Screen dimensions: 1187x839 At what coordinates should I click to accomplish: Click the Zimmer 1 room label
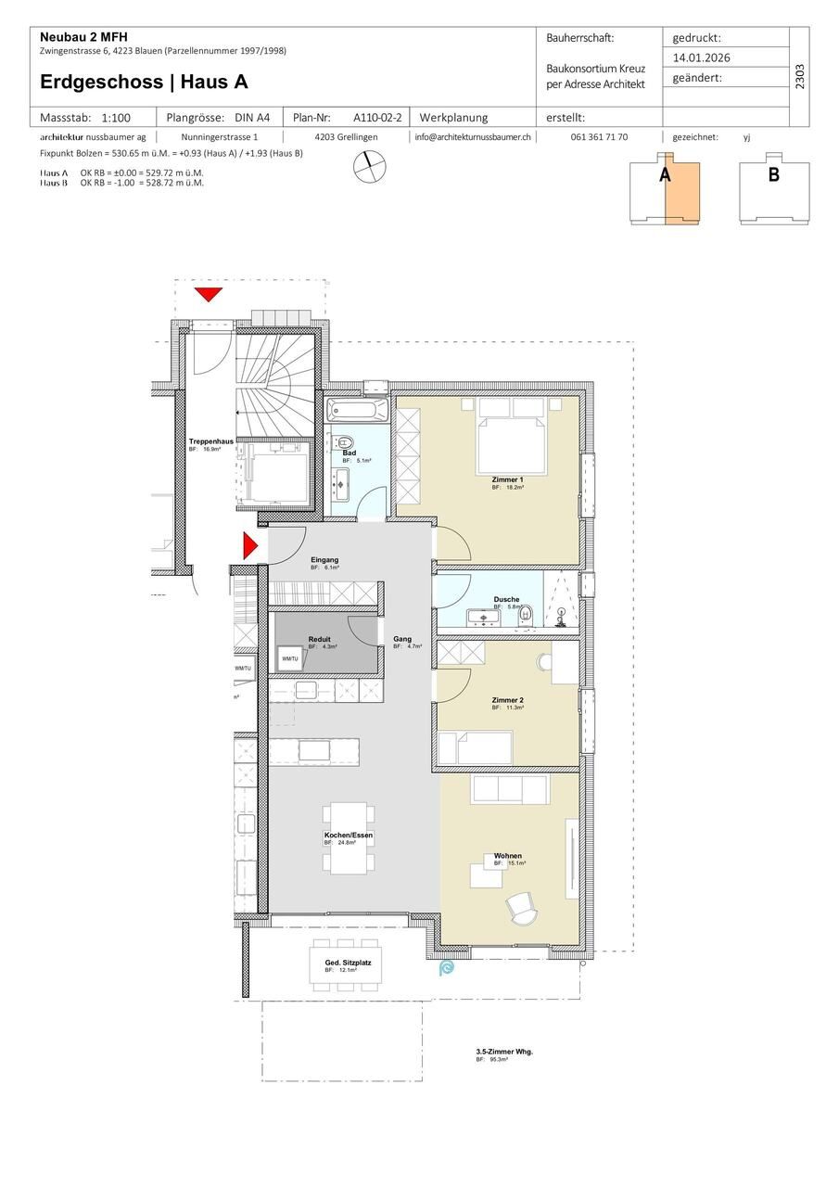pos(507,479)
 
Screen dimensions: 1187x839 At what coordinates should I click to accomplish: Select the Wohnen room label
pos(507,856)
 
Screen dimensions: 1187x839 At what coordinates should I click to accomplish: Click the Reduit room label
pos(319,639)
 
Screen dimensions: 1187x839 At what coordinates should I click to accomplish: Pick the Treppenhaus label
pos(210,441)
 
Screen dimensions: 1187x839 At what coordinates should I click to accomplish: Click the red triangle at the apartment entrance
pos(248,545)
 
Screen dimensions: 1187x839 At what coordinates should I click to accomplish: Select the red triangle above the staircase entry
pos(209,295)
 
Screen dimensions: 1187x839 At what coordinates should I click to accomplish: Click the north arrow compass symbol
pos(370,166)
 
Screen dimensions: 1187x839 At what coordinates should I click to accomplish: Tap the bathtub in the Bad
pos(357,409)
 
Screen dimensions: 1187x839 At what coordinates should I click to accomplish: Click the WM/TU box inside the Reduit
pos(289,657)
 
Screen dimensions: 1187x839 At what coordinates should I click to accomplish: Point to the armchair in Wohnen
pos(521,906)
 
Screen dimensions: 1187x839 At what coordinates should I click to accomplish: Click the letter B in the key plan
pos(773,174)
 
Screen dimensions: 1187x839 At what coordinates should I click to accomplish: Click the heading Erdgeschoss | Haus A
pos(144,82)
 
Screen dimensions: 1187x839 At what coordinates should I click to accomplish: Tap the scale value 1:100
pos(116,118)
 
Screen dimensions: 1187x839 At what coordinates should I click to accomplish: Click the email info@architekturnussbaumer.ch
pos(473,136)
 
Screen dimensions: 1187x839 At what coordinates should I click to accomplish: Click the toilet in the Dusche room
pos(526,613)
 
